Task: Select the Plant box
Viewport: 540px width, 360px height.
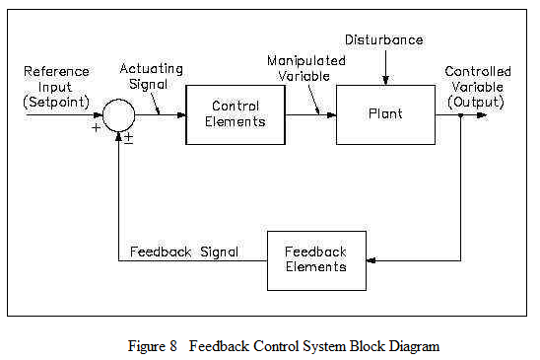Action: coord(385,114)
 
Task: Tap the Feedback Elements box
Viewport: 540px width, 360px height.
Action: coord(316,260)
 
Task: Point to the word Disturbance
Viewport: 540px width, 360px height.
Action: coord(385,38)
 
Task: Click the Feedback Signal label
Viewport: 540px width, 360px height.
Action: coord(184,252)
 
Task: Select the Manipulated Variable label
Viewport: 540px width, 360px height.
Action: coord(306,67)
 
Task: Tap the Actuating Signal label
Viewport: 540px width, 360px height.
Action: coord(152,76)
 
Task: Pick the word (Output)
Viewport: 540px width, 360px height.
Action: coord(478,101)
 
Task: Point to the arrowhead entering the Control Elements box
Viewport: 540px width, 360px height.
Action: coord(180,114)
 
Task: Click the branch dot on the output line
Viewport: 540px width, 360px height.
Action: coord(461,114)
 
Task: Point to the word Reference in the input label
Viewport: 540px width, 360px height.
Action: coord(55,71)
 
